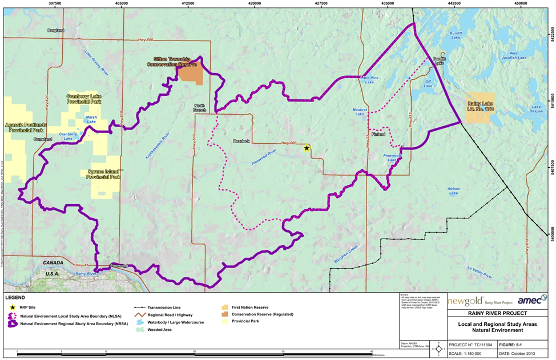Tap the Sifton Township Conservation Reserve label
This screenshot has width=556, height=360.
[x=175, y=62]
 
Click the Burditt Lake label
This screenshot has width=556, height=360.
[x=455, y=34]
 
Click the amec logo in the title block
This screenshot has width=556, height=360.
[x=531, y=300]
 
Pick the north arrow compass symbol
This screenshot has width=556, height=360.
[x=438, y=349]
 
